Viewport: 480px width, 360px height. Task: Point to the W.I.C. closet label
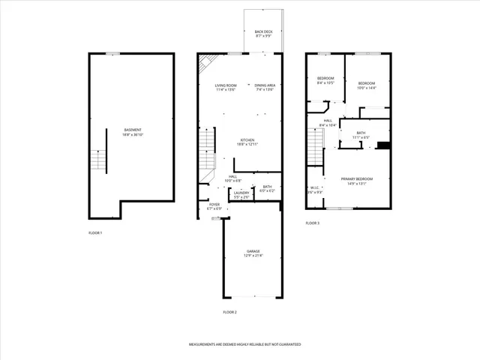315,190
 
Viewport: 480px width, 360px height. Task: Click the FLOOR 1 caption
95,233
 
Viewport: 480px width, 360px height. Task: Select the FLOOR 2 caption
229,311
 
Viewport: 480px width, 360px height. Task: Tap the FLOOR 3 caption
312,223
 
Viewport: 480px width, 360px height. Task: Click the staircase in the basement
96,160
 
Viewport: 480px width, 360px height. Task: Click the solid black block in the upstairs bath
383,145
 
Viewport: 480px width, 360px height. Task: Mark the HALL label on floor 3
328,122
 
